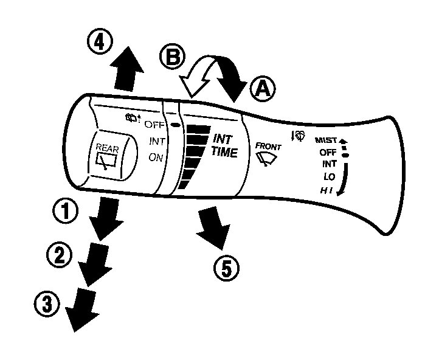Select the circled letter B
pyautogui.click(x=171, y=59)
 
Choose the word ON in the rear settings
pyautogui.click(x=156, y=157)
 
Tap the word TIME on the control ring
pyautogui.click(x=224, y=153)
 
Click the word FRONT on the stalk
pyautogui.click(x=268, y=146)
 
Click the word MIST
pyautogui.click(x=326, y=140)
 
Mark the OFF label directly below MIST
pyautogui.click(x=328, y=152)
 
